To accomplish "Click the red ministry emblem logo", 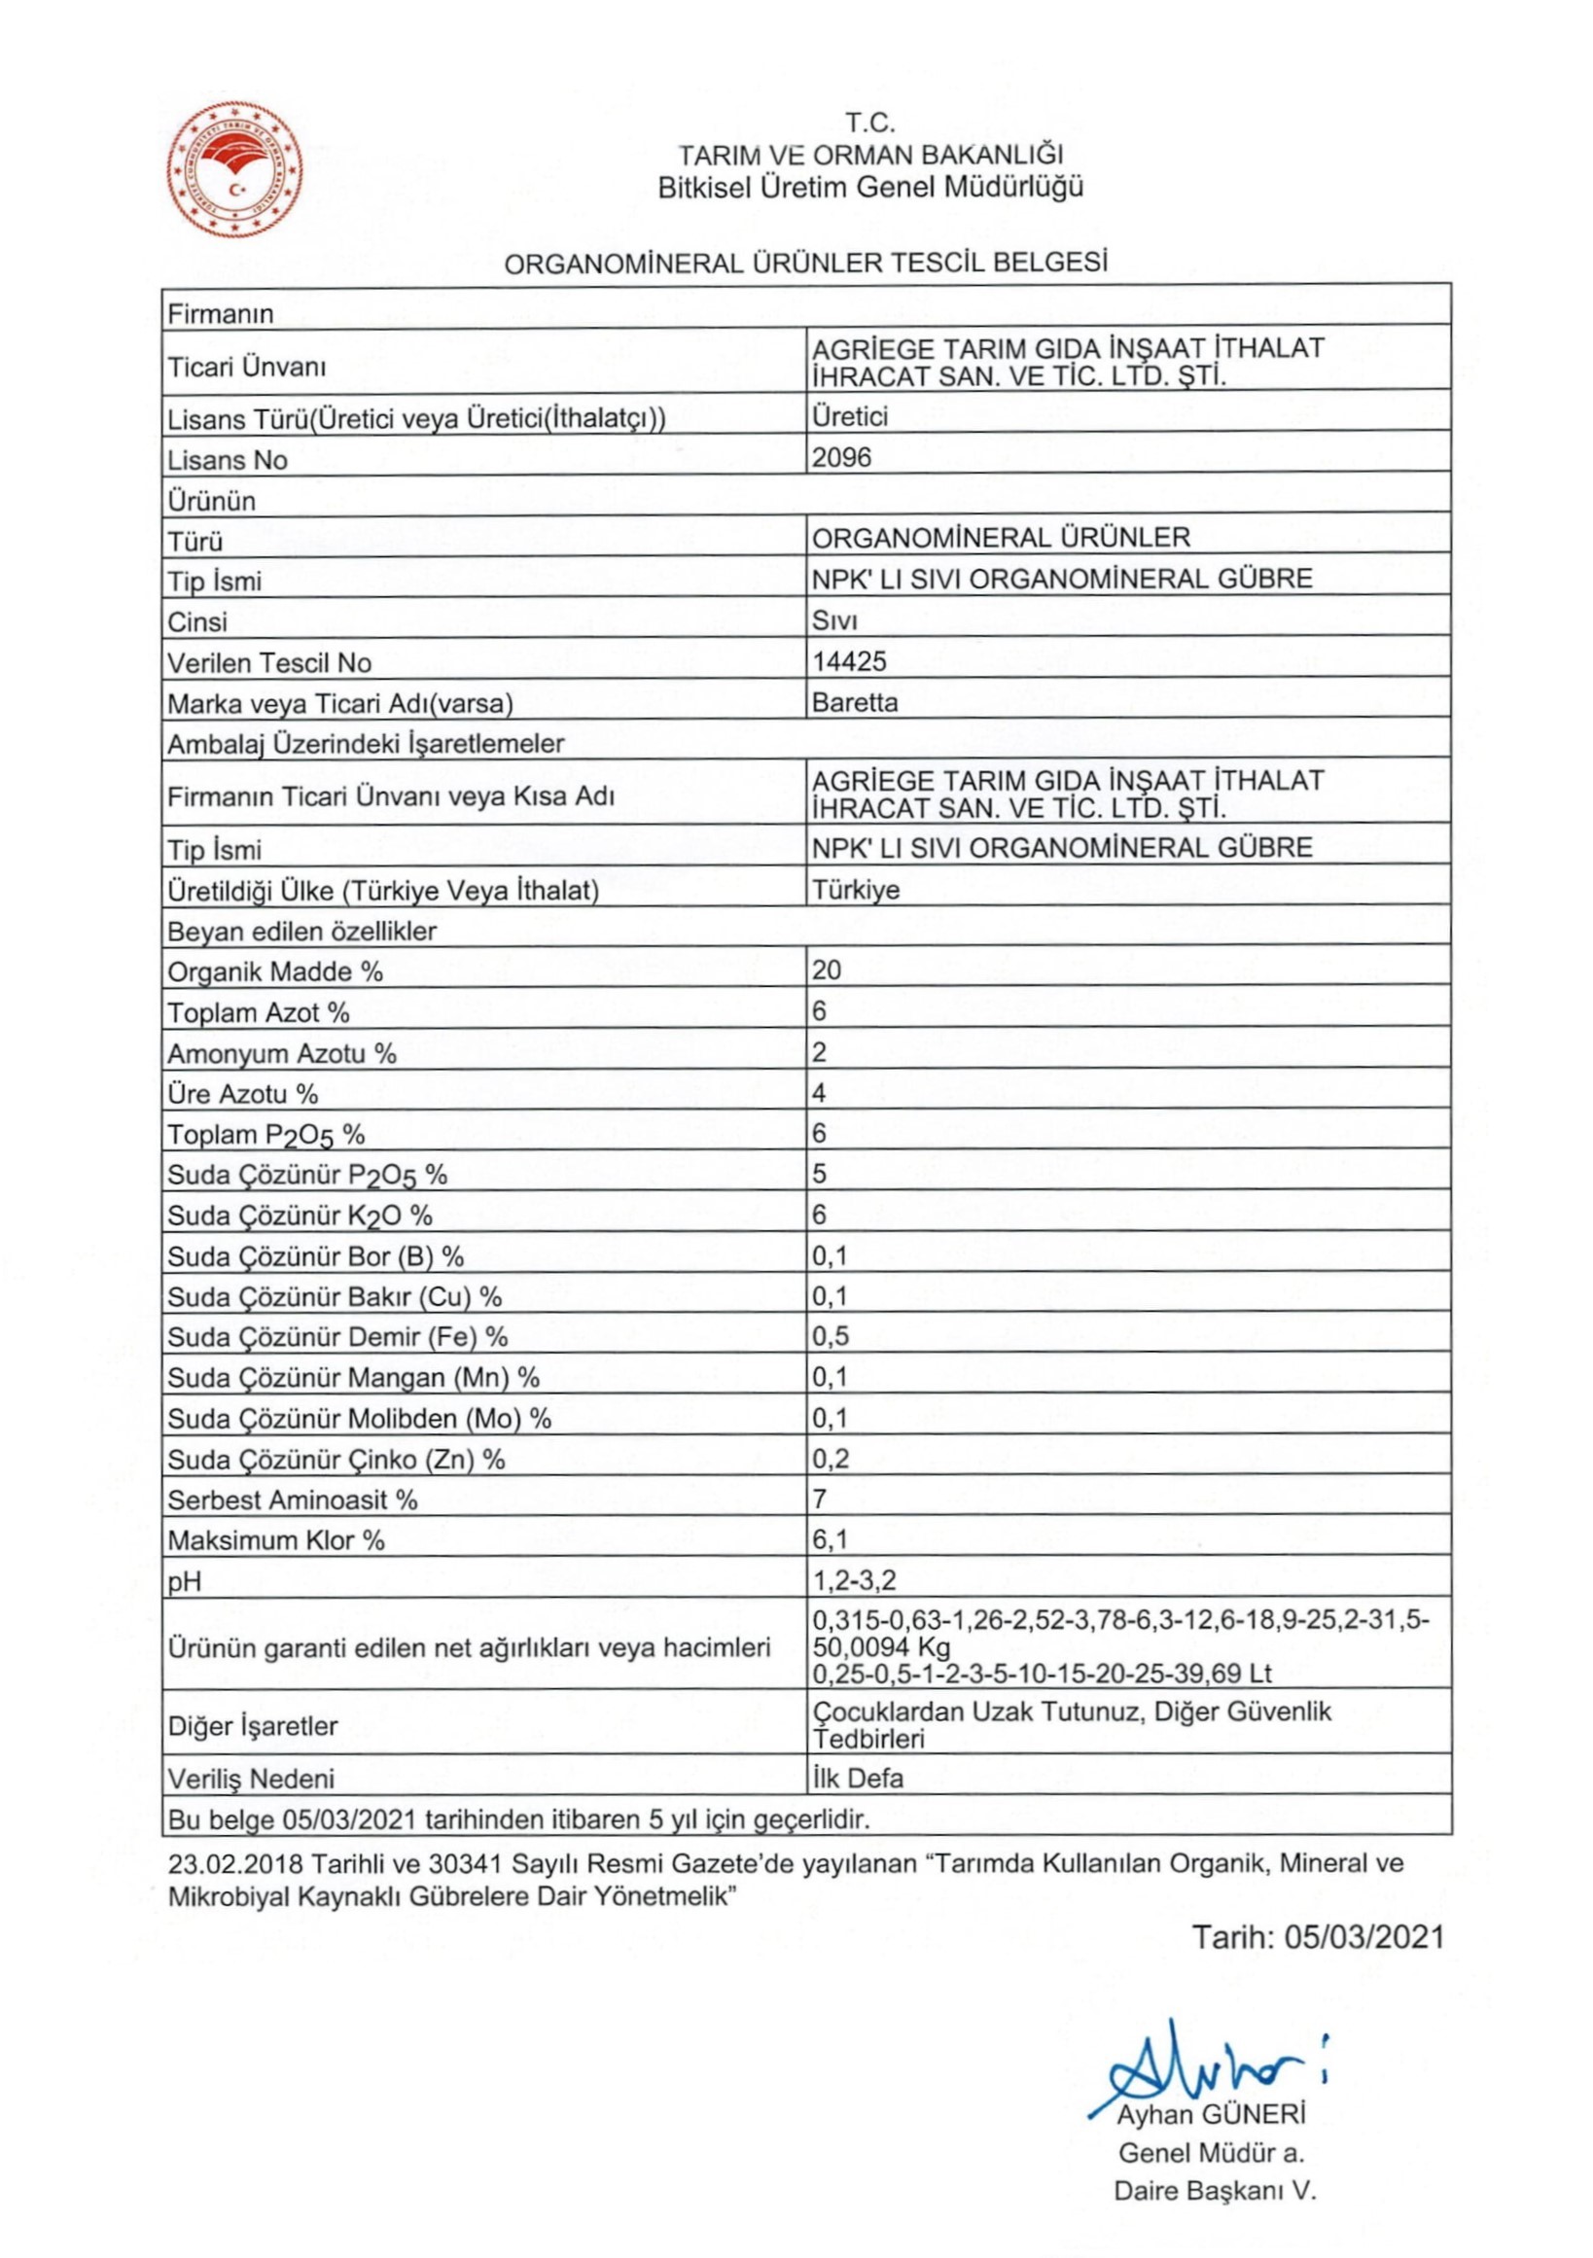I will click(235, 170).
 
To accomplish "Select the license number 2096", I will click(842, 457).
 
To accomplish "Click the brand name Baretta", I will click(855, 702).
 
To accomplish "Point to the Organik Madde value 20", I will click(827, 970).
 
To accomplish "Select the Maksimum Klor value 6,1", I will click(830, 1539).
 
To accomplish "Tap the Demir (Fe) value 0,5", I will click(830, 1335).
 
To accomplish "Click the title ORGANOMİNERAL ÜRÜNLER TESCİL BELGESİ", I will click(805, 263).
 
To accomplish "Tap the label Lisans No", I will click(228, 460).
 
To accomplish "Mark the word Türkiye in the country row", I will click(856, 889).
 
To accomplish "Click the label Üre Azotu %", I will click(242, 1094).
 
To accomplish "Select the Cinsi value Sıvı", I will click(834, 620).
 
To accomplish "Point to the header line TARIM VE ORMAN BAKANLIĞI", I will click(870, 155).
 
